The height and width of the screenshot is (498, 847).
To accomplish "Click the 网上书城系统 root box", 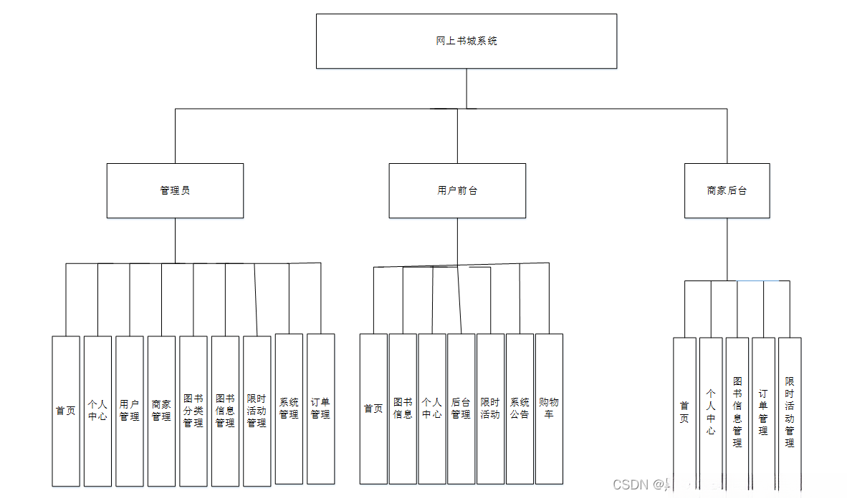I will pyautogui.click(x=466, y=41).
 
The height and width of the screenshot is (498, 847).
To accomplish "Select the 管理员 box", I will pyautogui.click(x=175, y=191).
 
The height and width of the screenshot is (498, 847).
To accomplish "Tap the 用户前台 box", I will pyautogui.click(x=457, y=191).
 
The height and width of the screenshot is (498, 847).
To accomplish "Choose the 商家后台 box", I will pyautogui.click(x=727, y=191).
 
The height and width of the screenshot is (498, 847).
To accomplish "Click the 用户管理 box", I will pyautogui.click(x=130, y=410).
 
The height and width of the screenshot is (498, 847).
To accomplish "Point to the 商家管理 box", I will pyautogui.click(x=161, y=410).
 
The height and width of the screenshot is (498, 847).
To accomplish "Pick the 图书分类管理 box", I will pyautogui.click(x=193, y=410).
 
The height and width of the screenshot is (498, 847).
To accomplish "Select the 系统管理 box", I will pyautogui.click(x=289, y=409).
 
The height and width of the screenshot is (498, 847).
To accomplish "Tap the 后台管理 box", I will pyautogui.click(x=461, y=409).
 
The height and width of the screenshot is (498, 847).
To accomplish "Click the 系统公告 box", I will pyautogui.click(x=520, y=409).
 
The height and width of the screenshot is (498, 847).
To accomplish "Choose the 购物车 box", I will pyautogui.click(x=549, y=409).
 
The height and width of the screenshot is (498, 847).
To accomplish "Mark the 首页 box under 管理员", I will pyautogui.click(x=66, y=410).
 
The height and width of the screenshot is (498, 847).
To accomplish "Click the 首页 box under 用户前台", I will pyautogui.click(x=373, y=409).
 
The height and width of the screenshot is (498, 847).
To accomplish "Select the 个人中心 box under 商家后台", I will pyautogui.click(x=711, y=412).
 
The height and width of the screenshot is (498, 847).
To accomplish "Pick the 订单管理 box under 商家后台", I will pyautogui.click(x=763, y=412).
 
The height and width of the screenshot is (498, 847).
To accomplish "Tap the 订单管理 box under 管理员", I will pyautogui.click(x=320, y=409).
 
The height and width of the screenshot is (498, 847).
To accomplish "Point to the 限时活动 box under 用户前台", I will pyautogui.click(x=490, y=409).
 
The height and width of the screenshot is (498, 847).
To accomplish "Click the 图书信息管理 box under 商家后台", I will pyautogui.click(x=737, y=412).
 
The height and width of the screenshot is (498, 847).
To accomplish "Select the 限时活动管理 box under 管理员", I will pyautogui.click(x=257, y=410).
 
